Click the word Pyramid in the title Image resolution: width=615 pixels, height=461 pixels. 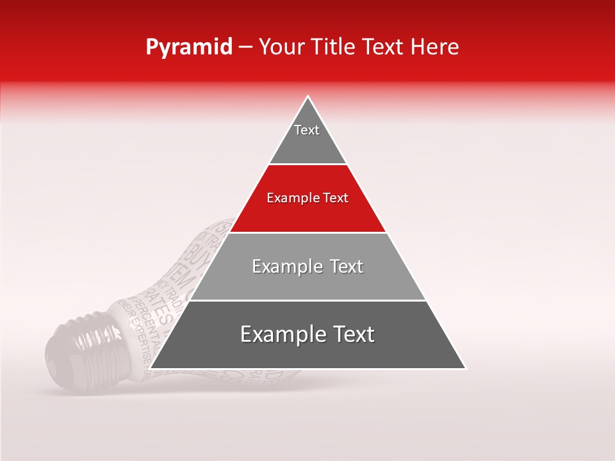point(188,47)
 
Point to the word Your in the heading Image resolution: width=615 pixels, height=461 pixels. point(283,47)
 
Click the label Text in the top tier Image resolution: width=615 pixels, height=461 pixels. point(307,130)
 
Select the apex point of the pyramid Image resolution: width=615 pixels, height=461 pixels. point(308,96)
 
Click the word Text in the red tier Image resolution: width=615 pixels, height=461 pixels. point(336,198)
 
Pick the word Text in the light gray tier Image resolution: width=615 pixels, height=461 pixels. point(347,266)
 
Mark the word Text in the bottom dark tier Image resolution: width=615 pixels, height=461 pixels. point(354,334)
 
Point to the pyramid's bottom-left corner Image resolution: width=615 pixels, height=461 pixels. point(150,369)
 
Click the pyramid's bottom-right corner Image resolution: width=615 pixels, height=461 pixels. point(466,369)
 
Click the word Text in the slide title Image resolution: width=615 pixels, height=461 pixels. point(386,47)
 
